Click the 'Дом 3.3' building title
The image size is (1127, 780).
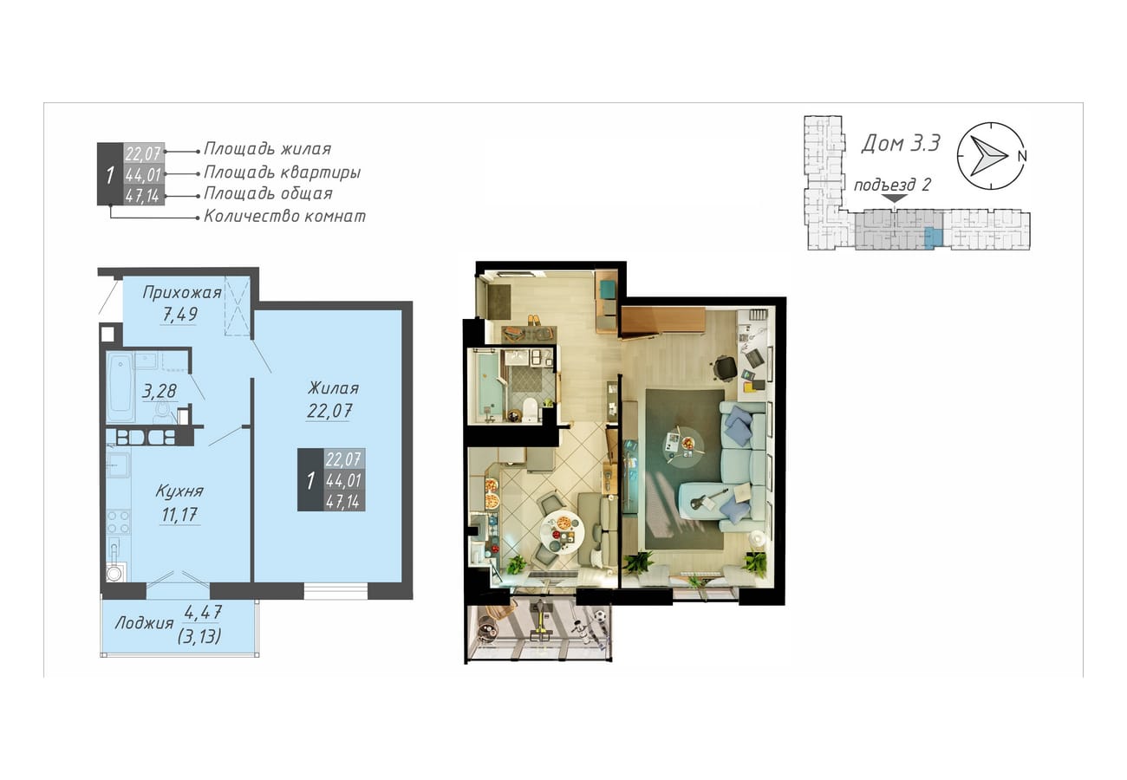pyautogui.click(x=901, y=143)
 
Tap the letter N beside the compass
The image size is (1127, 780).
pyautogui.click(x=1022, y=156)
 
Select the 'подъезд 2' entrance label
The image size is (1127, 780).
pyautogui.click(x=892, y=185)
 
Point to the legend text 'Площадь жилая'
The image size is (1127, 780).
pyautogui.click(x=267, y=149)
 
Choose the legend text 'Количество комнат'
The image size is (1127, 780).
pyautogui.click(x=284, y=217)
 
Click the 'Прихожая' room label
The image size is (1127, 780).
pyautogui.click(x=182, y=292)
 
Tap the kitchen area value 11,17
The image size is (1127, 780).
pyautogui.click(x=179, y=515)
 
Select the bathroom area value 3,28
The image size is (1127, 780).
pyautogui.click(x=159, y=391)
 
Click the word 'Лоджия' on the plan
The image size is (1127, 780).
pyautogui.click(x=144, y=624)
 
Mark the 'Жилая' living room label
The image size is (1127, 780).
pyautogui.click(x=333, y=387)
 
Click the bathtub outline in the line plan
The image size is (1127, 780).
pyautogui.click(x=121, y=387)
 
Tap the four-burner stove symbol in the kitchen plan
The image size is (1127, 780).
pyautogui.click(x=118, y=522)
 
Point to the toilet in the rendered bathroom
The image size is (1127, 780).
pyautogui.click(x=530, y=409)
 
